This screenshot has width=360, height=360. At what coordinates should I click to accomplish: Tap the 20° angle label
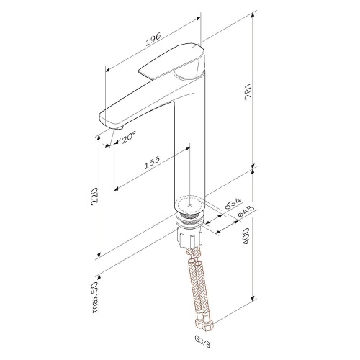click(x=128, y=140)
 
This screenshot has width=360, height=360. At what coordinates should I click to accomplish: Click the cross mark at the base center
click(x=190, y=204)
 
